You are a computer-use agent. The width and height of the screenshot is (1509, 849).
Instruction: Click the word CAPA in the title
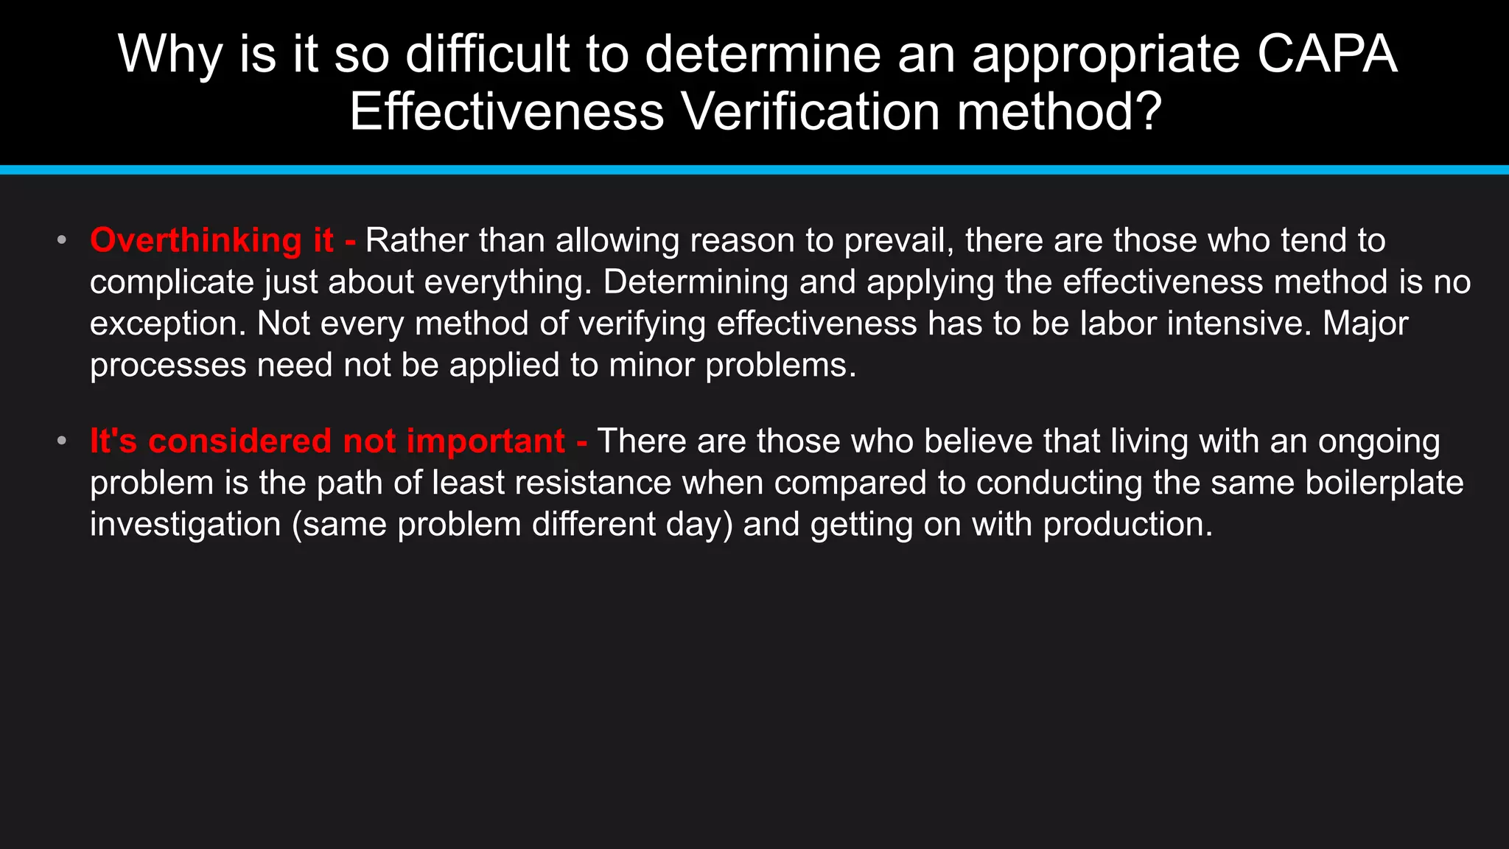[x=1327, y=55]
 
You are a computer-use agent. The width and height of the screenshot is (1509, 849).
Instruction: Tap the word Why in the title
[x=170, y=55]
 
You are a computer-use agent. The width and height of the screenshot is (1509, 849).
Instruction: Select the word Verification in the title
[x=811, y=112]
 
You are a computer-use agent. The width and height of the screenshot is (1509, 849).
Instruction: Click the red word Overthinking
[x=196, y=241]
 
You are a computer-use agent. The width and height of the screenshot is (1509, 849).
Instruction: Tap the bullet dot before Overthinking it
[x=62, y=240]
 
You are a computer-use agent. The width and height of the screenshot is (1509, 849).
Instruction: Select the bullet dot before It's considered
[x=62, y=441]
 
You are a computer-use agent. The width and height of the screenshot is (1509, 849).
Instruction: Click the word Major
[x=1365, y=324]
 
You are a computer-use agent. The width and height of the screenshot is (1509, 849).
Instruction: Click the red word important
[x=486, y=441]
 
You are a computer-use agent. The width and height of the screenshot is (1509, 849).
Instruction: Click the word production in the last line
[x=1127, y=525]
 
